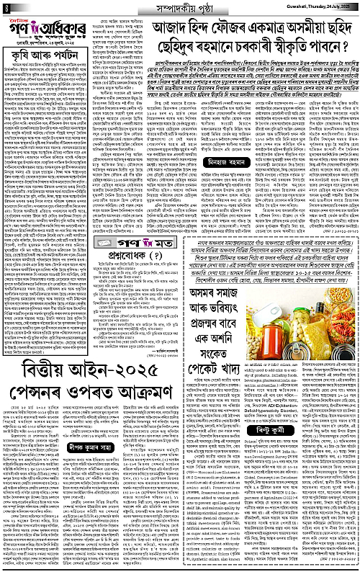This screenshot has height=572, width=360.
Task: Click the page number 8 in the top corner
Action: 6,7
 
